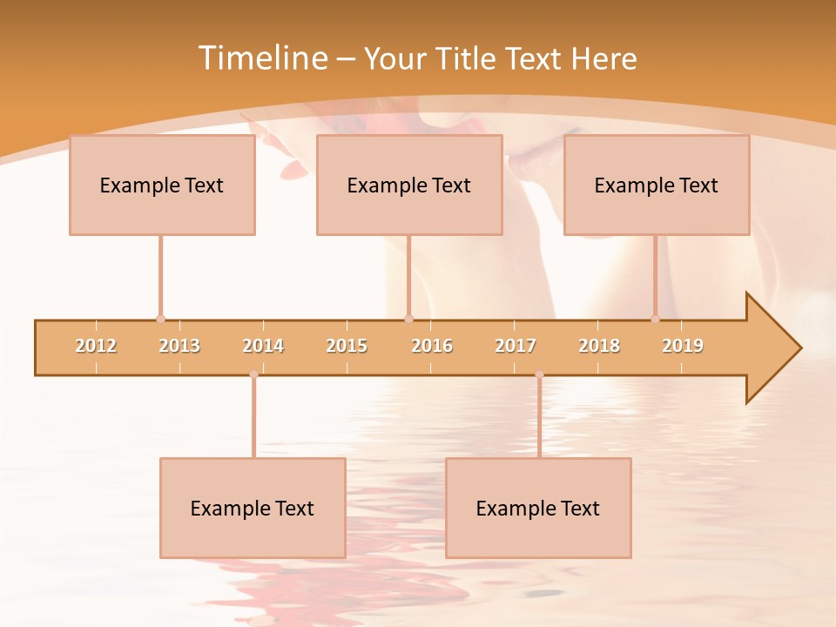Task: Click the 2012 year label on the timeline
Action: point(96,346)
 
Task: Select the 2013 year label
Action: point(179,346)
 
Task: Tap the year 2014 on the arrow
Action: point(263,346)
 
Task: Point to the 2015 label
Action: point(347,346)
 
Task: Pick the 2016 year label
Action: point(432,346)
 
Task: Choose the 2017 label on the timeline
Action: point(516,346)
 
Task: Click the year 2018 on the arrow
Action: point(599,346)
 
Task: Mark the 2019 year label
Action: point(683,346)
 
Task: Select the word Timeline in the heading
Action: point(262,58)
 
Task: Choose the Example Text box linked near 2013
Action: point(162,185)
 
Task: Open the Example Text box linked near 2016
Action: point(409,185)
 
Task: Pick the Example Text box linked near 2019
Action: point(657,185)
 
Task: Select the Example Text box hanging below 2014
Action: point(253,508)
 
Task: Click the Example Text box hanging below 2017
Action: point(538,508)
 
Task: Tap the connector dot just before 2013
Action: point(160,319)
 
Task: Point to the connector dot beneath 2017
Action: point(539,374)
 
